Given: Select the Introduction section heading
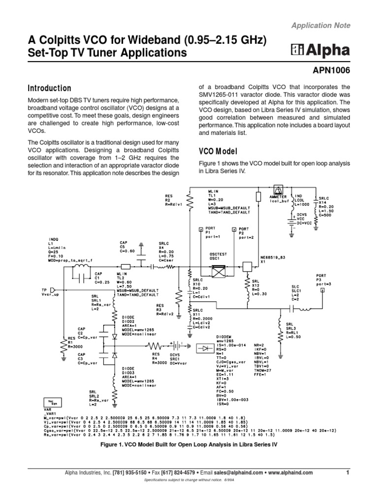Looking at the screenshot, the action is click(49, 89).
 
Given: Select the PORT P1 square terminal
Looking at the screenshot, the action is click(200, 229).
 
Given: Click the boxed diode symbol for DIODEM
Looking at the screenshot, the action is click(204, 348).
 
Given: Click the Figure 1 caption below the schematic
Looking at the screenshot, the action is click(189, 443).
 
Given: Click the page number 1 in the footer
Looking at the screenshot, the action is click(347, 472).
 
